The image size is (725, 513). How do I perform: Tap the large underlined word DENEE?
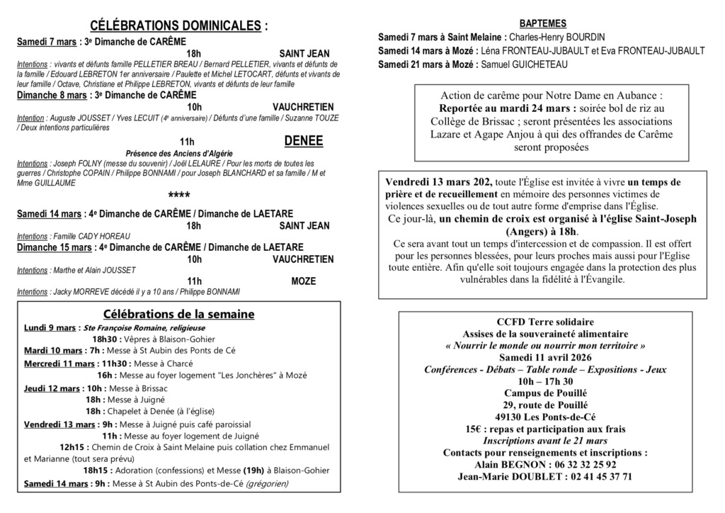[303, 141]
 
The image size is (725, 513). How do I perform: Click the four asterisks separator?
[178, 195]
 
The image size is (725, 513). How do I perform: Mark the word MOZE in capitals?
[303, 281]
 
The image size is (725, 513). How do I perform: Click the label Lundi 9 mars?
[50, 327]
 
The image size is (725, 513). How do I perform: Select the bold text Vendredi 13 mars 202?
[439, 182]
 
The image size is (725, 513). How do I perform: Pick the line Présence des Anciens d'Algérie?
[178, 154]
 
